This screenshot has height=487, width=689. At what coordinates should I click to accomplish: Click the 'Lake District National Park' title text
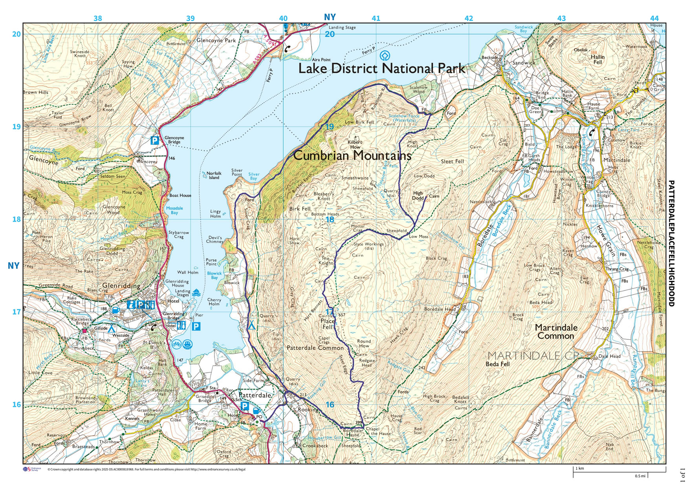(381, 69)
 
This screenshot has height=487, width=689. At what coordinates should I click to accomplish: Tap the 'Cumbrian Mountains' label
(352, 155)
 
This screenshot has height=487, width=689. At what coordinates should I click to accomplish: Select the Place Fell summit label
(328, 324)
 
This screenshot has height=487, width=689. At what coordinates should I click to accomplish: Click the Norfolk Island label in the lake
(214, 175)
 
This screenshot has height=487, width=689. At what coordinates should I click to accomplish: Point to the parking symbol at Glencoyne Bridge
(155, 140)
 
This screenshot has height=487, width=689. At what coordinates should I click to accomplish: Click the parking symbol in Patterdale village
(244, 406)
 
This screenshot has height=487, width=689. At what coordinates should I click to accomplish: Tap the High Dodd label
(418, 195)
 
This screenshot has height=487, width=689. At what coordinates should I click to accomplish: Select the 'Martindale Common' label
(556, 332)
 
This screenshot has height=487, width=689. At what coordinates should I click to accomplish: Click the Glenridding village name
(121, 286)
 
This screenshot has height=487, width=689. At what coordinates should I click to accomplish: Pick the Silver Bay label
(254, 176)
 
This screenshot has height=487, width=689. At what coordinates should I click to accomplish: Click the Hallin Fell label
(597, 60)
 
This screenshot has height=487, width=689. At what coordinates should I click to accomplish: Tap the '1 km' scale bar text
(580, 469)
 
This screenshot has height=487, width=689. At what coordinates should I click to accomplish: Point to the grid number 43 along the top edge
(561, 18)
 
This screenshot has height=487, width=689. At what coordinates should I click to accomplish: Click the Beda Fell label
(498, 364)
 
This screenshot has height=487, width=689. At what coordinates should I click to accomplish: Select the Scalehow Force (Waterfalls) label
(404, 118)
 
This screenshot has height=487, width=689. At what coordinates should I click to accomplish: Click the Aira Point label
(321, 60)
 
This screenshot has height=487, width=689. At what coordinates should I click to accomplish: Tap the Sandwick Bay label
(524, 29)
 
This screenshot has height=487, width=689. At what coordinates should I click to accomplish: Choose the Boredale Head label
(440, 309)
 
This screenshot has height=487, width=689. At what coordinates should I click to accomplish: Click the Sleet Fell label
(452, 161)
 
